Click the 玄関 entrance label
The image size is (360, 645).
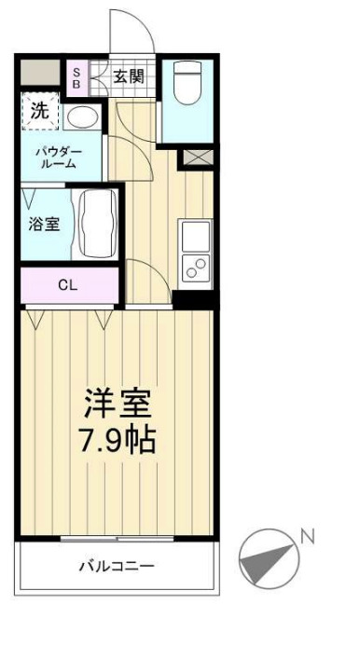pos(129,77)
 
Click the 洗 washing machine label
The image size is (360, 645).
pos(39,109)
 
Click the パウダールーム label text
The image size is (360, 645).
pos(60,157)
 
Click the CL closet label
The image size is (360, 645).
pos(67,285)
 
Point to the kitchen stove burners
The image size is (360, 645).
pos(197,268)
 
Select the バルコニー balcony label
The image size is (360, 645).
pos(116,566)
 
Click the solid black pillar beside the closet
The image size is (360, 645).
pos(195,298)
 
